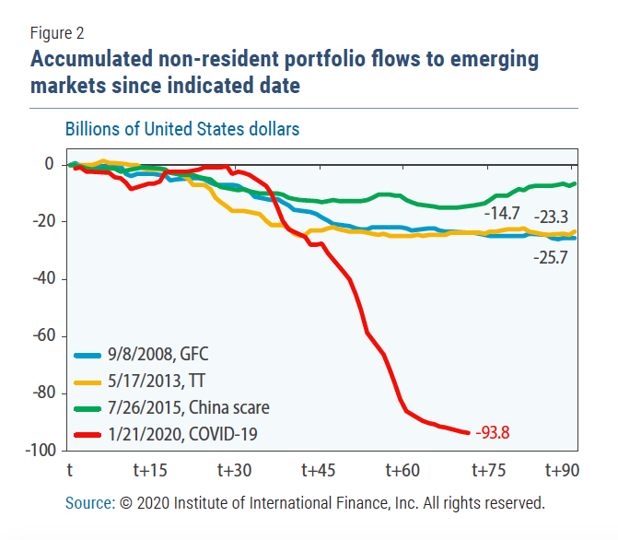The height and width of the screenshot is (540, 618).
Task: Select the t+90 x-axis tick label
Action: (562, 471)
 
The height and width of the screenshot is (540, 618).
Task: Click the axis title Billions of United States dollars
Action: (181, 128)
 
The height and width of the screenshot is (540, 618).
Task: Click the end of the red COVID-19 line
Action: (470, 432)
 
